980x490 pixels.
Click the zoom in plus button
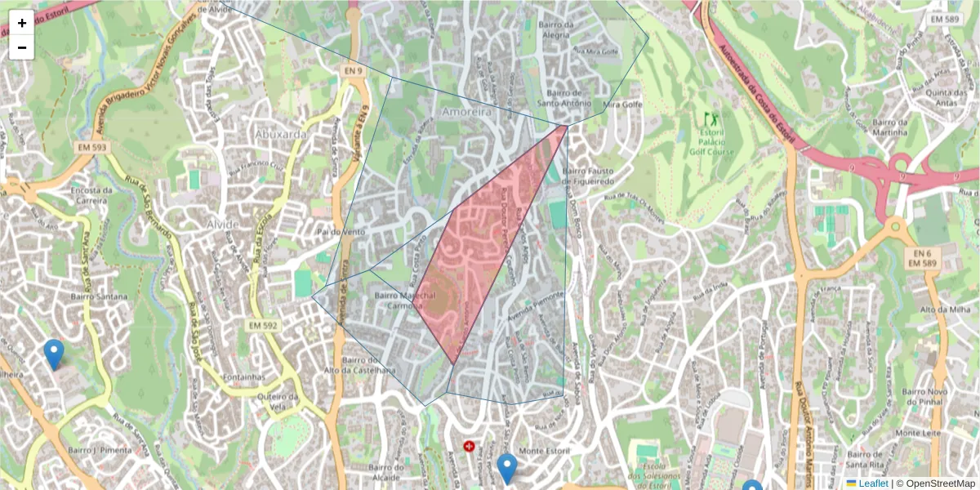(22, 23)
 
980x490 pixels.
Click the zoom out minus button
(22, 47)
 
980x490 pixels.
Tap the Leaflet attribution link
(873, 483)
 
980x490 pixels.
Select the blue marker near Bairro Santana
(54, 354)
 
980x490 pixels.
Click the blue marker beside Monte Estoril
(507, 468)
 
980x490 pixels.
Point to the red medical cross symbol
(469, 446)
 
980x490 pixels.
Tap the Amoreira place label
(467, 111)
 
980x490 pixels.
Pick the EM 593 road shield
(93, 148)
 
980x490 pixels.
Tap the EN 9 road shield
(352, 72)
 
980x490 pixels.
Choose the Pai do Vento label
(341, 233)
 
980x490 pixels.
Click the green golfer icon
(708, 118)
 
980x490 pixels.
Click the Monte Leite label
(919, 433)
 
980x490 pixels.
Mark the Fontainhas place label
(243, 376)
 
